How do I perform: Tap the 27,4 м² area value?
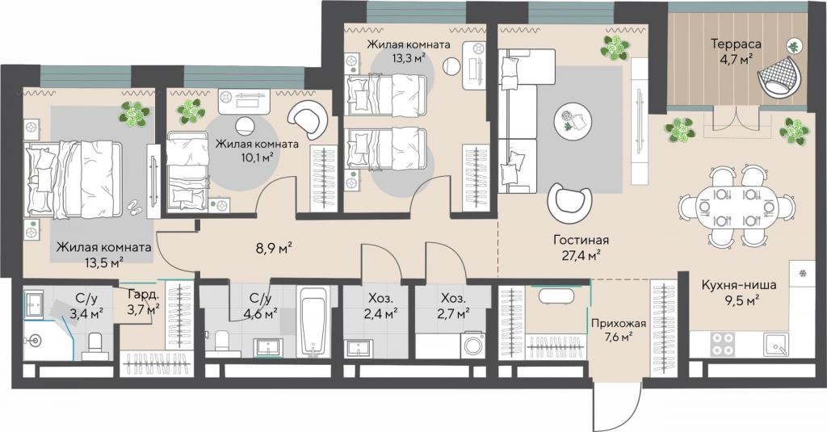tap(580, 256)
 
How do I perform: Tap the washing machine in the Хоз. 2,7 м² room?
tap(476, 346)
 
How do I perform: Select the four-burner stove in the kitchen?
tap(722, 344)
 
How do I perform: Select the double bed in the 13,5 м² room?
tap(73, 178)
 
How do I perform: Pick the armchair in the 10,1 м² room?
tap(309, 120)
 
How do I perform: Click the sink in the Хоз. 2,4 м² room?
tap(359, 348)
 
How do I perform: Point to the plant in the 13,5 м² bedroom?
tap(134, 114)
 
